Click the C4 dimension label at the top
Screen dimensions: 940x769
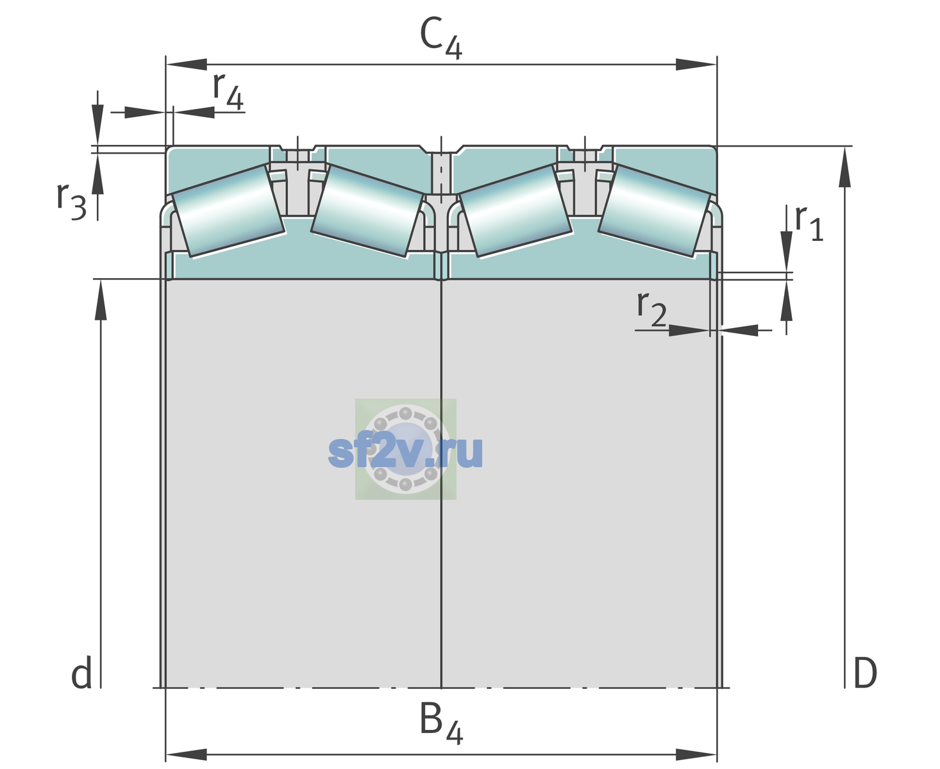(x=441, y=37)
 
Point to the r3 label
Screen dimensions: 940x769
(x=72, y=201)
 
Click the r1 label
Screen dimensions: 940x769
(x=809, y=223)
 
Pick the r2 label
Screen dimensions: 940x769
(x=651, y=309)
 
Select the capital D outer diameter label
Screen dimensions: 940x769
(x=865, y=673)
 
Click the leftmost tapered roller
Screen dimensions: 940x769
(x=228, y=211)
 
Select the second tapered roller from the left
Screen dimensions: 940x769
(x=367, y=211)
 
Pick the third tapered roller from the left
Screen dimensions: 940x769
(x=516, y=211)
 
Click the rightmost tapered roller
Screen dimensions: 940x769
(x=655, y=211)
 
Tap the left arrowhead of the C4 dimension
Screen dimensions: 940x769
(x=187, y=64)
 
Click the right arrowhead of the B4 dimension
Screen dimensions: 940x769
(x=696, y=754)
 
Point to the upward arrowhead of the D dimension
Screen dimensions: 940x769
(x=844, y=167)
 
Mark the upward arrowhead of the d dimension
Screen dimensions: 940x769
(x=101, y=300)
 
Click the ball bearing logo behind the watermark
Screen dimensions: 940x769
(x=406, y=449)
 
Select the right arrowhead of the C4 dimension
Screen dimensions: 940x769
(x=696, y=64)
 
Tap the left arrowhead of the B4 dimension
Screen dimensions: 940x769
(x=187, y=754)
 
